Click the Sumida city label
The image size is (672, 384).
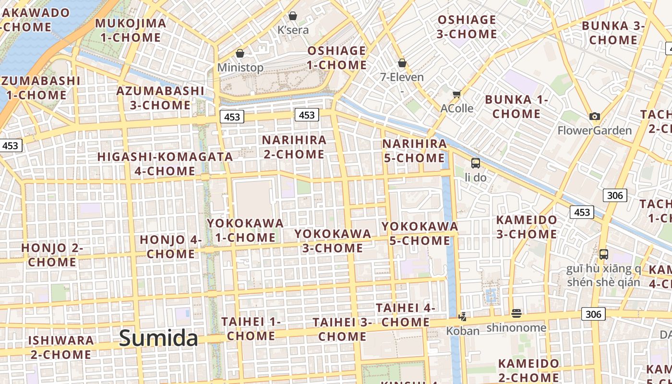(x=158, y=338)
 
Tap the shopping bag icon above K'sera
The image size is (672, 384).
(x=293, y=16)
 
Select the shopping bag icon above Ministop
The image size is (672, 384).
(x=240, y=53)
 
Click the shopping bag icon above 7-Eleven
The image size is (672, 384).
(x=402, y=63)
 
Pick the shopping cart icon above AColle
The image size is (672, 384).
(x=456, y=94)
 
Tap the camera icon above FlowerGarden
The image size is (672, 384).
(x=595, y=116)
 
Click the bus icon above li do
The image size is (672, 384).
(x=476, y=163)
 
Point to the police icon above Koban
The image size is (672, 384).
(x=463, y=317)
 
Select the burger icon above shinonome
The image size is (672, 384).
(x=516, y=313)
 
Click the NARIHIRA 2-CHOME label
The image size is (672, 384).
(x=294, y=147)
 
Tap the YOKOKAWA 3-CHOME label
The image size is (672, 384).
(x=333, y=241)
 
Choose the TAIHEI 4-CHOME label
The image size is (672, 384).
(x=406, y=314)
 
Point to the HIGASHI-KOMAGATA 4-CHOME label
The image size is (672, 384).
(x=165, y=164)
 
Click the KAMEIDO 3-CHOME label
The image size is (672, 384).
(x=527, y=227)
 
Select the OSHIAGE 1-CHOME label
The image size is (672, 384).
(x=337, y=58)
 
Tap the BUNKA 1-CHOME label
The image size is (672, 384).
(x=516, y=107)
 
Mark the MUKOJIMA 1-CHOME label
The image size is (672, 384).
(x=131, y=30)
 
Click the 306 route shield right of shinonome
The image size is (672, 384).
(x=593, y=314)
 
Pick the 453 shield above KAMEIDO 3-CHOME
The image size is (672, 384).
(x=582, y=212)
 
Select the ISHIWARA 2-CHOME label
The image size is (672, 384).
(x=61, y=348)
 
